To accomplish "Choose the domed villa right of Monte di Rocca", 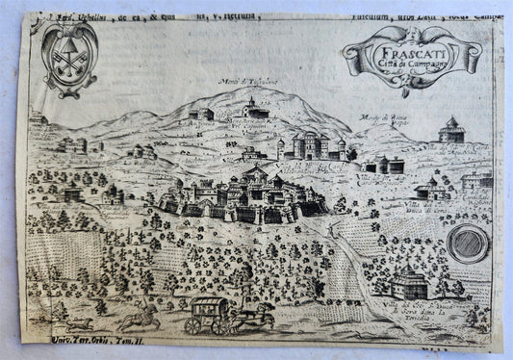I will pos(451,131).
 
